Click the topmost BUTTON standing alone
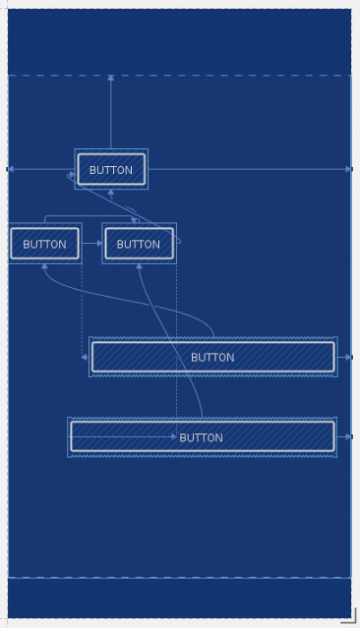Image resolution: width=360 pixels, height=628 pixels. [x=111, y=170]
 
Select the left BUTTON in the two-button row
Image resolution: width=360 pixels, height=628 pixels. [x=45, y=244]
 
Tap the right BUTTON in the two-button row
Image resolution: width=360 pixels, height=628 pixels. [x=138, y=244]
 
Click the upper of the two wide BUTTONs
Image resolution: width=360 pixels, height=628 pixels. [x=213, y=357]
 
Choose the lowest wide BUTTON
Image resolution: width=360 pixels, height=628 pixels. [x=202, y=437]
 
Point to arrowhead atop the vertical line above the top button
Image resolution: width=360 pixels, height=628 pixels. [x=111, y=78]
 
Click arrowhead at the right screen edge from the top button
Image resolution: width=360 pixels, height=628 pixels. [x=348, y=169]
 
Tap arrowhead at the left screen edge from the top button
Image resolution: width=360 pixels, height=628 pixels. [x=10, y=169]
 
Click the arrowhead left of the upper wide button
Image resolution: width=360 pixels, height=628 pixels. [x=84, y=357]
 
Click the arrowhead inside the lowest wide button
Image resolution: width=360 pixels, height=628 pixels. [x=174, y=437]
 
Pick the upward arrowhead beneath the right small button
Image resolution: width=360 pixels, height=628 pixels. [x=138, y=266]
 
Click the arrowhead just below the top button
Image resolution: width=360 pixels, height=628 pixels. [x=111, y=192]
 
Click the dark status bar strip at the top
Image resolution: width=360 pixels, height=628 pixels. [x=180, y=40]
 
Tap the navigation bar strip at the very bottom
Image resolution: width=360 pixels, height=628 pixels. [x=180, y=597]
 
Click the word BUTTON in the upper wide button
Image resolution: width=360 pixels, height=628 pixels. [x=213, y=357]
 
